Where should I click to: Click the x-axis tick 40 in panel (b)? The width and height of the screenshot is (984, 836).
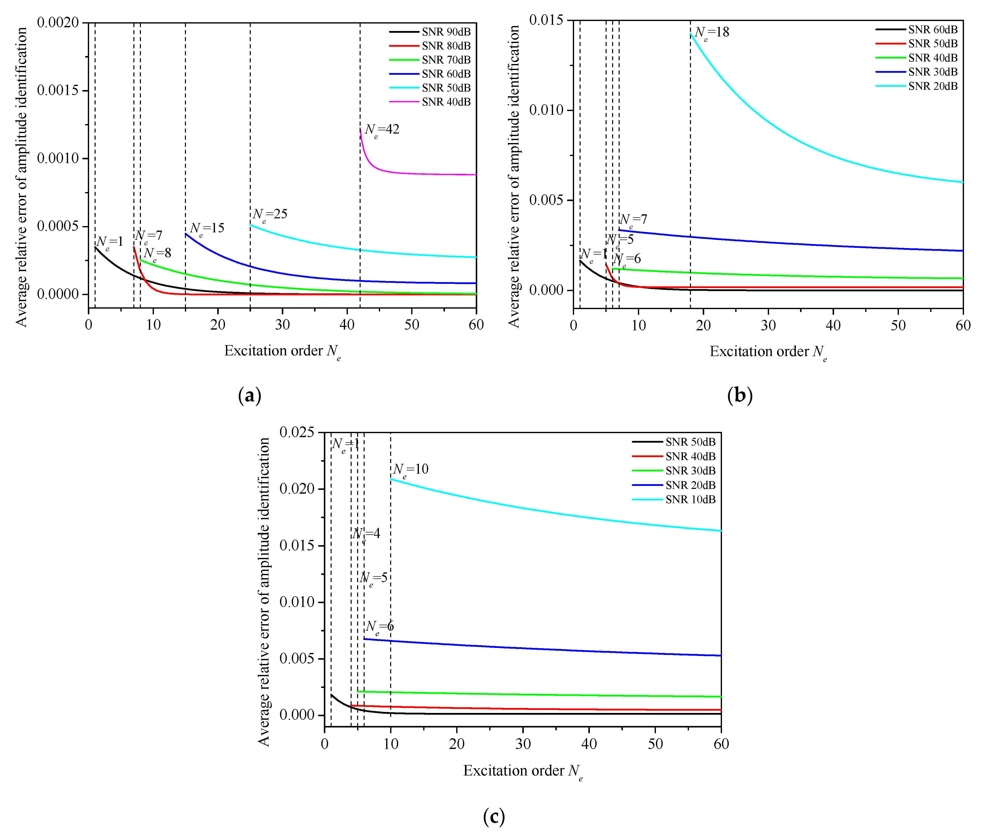(833, 326)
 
